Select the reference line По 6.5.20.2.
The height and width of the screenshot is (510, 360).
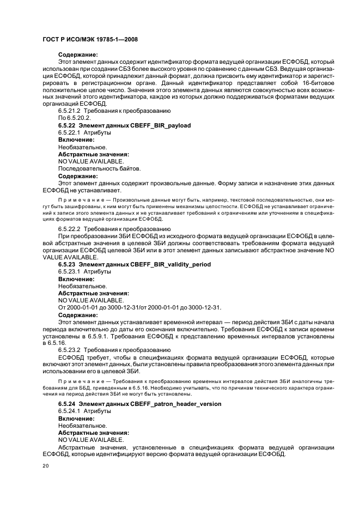pos(75,118)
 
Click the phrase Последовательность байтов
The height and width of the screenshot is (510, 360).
pos(99,168)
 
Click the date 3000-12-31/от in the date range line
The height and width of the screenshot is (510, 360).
pos(138,307)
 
